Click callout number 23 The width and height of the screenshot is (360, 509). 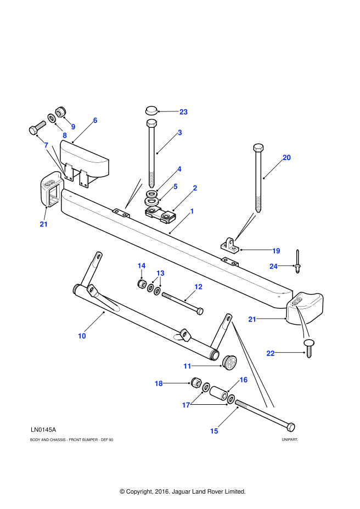(183, 112)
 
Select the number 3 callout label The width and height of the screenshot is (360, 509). (179, 133)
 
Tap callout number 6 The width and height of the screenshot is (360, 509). (95, 120)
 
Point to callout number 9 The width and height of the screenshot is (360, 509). (73, 127)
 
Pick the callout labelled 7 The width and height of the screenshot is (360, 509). (46, 145)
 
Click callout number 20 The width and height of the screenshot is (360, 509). (286, 157)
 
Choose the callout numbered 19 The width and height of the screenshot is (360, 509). (276, 251)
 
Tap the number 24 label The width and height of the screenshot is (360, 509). (273, 266)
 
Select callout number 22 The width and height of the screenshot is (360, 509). (271, 353)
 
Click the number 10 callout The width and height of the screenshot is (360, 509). (82, 336)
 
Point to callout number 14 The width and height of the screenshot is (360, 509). (142, 265)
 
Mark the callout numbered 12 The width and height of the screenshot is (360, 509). (198, 287)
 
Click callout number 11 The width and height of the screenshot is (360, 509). (187, 366)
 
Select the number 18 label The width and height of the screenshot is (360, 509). (159, 383)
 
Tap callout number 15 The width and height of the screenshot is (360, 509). (214, 431)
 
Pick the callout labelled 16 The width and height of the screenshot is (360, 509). (243, 380)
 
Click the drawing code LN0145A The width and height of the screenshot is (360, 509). (43, 429)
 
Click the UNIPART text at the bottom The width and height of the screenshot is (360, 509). (289, 439)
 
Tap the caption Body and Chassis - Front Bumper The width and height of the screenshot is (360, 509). (72, 439)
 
